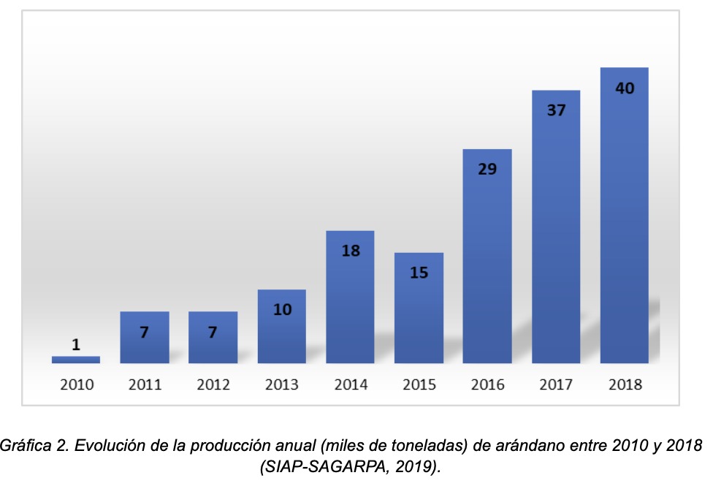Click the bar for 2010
(76, 360)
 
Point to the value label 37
(556, 111)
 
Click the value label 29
(487, 170)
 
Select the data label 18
(351, 251)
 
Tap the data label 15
(419, 273)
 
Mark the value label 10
(282, 309)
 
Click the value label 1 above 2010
(76, 344)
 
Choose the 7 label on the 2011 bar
(145, 332)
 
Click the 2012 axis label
(213, 384)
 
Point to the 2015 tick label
(419, 384)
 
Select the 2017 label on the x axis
(556, 384)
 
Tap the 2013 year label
(282, 384)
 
